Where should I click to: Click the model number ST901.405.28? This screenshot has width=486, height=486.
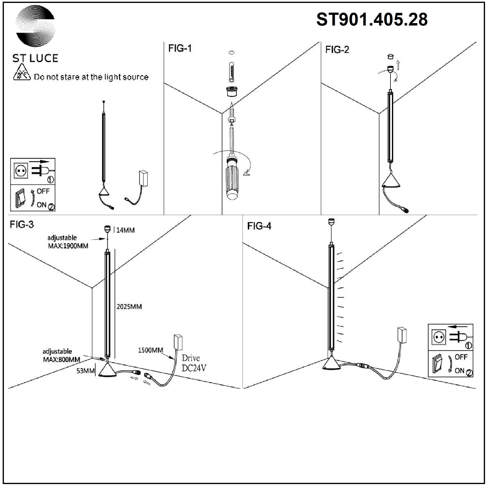(x=372, y=20)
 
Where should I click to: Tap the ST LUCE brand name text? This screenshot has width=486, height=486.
(x=35, y=58)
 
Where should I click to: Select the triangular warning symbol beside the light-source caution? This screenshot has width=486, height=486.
(x=22, y=73)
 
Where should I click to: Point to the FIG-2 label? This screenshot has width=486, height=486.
(x=337, y=50)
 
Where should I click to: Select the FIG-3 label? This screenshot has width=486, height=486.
(x=22, y=224)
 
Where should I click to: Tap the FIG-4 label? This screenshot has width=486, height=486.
(x=259, y=226)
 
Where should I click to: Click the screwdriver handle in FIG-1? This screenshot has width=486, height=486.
(x=232, y=180)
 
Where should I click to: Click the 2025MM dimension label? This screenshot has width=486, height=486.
(x=129, y=307)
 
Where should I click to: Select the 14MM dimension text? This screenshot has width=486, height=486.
(x=125, y=230)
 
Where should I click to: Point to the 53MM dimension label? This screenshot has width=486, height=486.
(x=86, y=371)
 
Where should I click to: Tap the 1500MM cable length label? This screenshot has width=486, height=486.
(x=150, y=350)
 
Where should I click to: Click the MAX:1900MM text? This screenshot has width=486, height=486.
(x=68, y=246)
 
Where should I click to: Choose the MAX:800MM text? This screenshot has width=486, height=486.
(x=62, y=359)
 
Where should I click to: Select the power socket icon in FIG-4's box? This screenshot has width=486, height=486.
(x=439, y=337)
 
